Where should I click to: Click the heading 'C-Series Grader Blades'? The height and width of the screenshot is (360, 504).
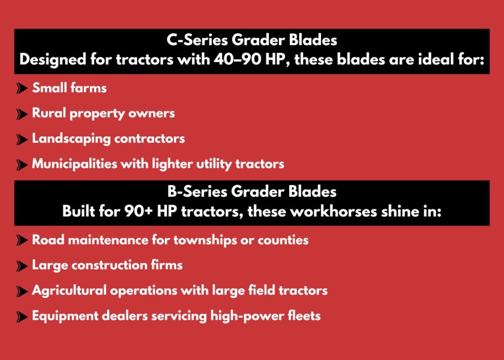tap(252, 40)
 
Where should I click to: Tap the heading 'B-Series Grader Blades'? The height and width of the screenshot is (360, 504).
tap(252, 191)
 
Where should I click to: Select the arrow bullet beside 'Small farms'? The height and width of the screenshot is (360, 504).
tap(22, 89)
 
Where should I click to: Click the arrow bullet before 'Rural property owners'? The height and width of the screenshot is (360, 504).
tap(22, 114)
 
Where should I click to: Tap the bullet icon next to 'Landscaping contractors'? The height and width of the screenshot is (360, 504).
tap(22, 139)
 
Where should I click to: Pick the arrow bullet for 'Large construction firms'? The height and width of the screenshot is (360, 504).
tap(22, 266)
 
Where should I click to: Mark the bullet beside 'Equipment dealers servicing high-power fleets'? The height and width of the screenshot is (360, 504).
tap(22, 317)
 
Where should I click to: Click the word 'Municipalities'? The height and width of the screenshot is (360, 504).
tap(75, 164)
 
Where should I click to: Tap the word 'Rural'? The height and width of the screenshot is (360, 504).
tap(49, 113)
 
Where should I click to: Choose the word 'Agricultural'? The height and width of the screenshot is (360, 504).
tap(69, 291)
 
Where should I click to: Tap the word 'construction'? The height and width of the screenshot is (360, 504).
tap(109, 265)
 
